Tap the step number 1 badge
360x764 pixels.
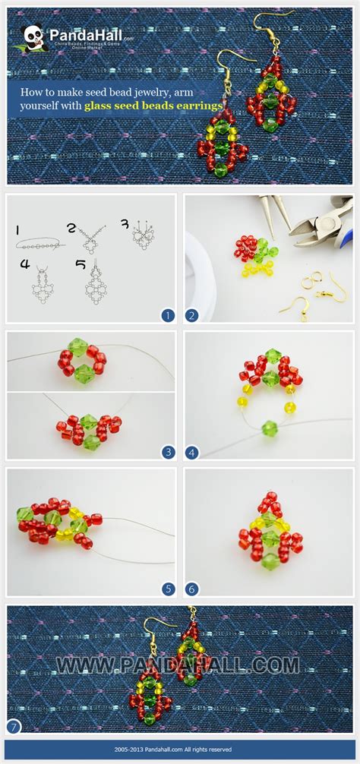168,315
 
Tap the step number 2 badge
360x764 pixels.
192,315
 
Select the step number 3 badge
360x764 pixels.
168,451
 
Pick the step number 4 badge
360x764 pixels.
192,451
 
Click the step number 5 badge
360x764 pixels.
168,588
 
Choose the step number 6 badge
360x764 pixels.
192,588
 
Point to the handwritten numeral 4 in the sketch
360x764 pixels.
25,265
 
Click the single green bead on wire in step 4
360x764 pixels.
270,428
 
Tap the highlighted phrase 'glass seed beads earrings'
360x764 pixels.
154,106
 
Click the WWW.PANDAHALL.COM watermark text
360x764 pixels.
178,666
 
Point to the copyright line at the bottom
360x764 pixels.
179,749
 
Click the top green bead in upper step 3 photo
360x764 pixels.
78,347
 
